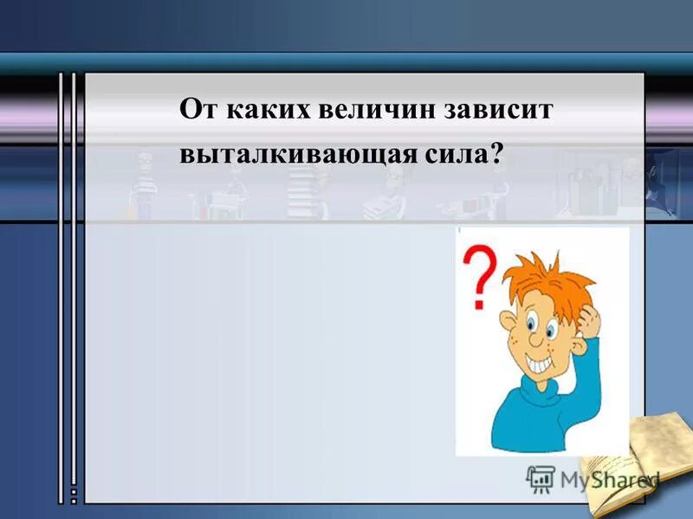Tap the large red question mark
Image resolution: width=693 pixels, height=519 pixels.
(x=481, y=273)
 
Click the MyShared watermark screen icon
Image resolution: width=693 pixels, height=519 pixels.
(x=541, y=478)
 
